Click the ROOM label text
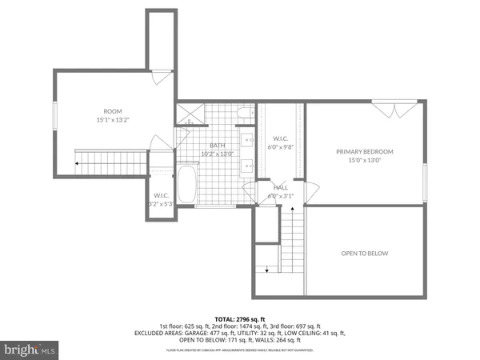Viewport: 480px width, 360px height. pyautogui.click(x=112, y=111)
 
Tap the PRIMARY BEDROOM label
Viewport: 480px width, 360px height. pyautogui.click(x=364, y=151)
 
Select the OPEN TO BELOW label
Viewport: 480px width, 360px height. pyautogui.click(x=364, y=254)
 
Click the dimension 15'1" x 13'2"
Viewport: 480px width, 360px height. pyautogui.click(x=112, y=121)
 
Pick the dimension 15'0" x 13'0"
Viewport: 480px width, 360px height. pyautogui.click(x=364, y=160)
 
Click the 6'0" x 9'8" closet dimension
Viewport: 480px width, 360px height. pyautogui.click(x=281, y=146)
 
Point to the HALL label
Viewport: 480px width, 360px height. pyautogui.click(x=281, y=187)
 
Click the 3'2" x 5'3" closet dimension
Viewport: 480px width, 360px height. pyautogui.click(x=161, y=204)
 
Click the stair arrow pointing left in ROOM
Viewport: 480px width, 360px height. pyautogui.click(x=77, y=164)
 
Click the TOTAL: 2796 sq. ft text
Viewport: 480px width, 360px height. pyautogui.click(x=239, y=318)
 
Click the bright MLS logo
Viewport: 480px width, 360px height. pyautogui.click(x=30, y=350)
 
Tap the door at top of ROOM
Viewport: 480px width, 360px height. pyautogui.click(x=161, y=77)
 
